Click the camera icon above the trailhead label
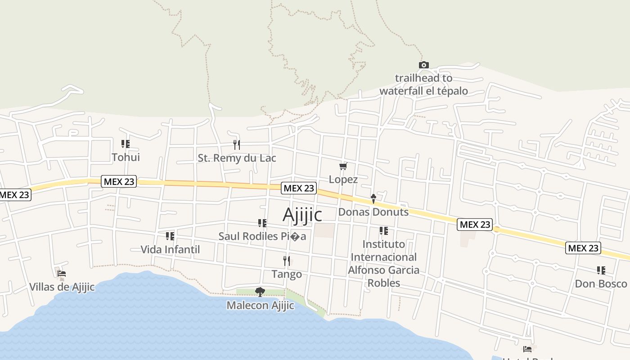pyautogui.click(x=423, y=65)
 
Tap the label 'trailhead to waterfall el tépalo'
pyautogui.click(x=423, y=85)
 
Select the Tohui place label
pyautogui.click(x=126, y=157)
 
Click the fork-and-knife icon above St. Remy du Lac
pyautogui.click(x=237, y=144)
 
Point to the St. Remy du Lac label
pyautogui.click(x=237, y=158)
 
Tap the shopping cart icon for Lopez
pyautogui.click(x=343, y=166)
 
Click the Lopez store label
pyautogui.click(x=343, y=179)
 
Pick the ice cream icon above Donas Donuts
pyautogui.click(x=373, y=198)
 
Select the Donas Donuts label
pyautogui.click(x=373, y=211)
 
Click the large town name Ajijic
pyautogui.click(x=302, y=215)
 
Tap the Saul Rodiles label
pyautogui.click(x=262, y=236)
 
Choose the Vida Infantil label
pyautogui.click(x=170, y=249)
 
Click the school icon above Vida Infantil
pyautogui.click(x=170, y=236)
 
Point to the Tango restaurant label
pyautogui.click(x=287, y=274)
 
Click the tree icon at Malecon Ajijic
pyautogui.click(x=260, y=292)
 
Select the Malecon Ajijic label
pyautogui.click(x=260, y=306)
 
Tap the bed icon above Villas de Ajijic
pyautogui.click(x=62, y=273)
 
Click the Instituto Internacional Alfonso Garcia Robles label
pyautogui.click(x=384, y=263)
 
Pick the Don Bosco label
pyautogui.click(x=601, y=283)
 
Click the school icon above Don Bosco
pyautogui.click(x=601, y=270)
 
